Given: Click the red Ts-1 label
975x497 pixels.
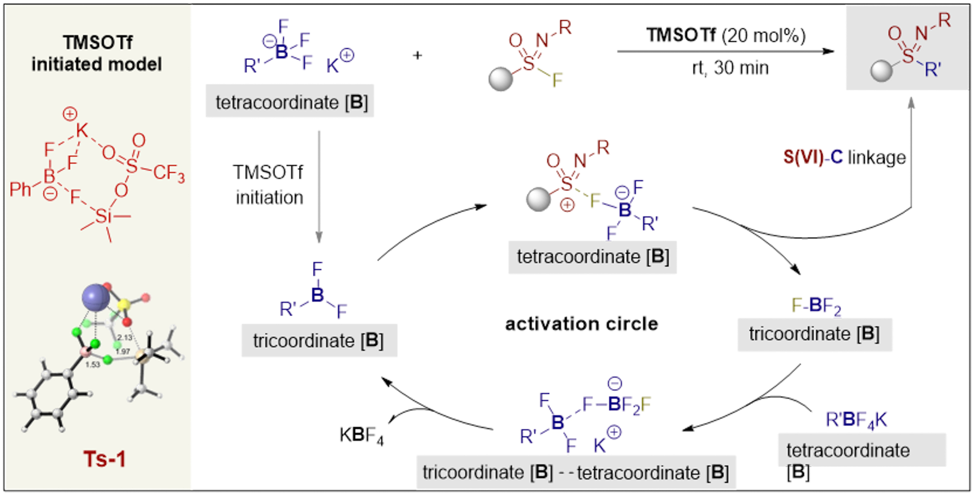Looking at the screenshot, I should point(104,458).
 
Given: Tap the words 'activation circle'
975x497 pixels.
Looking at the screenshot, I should point(582,324).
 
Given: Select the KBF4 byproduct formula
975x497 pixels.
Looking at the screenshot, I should point(361,435).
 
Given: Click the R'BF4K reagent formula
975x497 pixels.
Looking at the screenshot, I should point(856,420).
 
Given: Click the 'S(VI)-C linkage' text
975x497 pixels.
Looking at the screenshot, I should point(844,158).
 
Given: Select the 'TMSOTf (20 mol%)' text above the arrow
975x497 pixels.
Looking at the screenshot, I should point(726,36).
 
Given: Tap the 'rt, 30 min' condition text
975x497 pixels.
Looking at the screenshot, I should point(730,68).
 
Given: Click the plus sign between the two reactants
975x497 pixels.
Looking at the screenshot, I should point(417,56).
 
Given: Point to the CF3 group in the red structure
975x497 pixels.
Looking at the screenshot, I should point(169,173).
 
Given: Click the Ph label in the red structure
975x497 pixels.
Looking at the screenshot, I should point(20,189).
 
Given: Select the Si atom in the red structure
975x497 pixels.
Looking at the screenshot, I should point(103,216).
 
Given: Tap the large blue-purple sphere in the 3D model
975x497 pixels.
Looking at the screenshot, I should point(96,298).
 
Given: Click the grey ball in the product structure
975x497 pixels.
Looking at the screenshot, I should point(881,71).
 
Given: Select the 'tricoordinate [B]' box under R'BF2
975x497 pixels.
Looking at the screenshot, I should point(319,340).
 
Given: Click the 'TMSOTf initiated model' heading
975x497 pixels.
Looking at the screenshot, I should point(97,53).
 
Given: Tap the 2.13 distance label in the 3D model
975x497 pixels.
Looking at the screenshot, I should point(125,338).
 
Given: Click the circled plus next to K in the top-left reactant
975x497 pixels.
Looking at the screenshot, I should point(347,55).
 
